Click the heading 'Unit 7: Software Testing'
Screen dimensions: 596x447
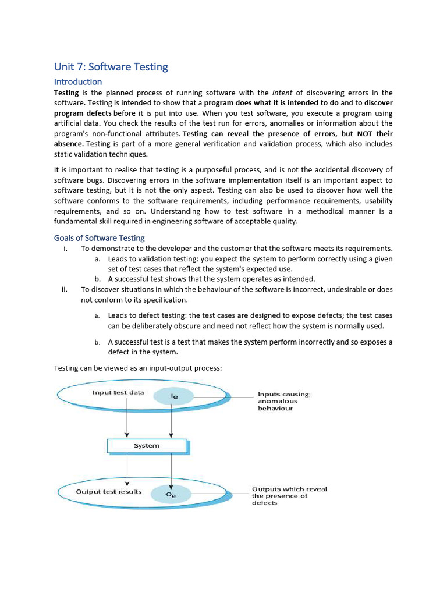coord(111,67)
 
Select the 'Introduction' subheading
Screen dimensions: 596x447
coord(78,81)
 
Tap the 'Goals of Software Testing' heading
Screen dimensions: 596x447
coord(100,237)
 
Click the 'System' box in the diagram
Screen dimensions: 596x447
coord(147,446)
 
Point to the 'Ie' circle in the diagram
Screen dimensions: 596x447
coord(173,396)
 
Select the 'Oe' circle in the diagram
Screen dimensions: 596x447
coord(171,495)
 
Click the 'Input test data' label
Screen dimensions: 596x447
coord(118,392)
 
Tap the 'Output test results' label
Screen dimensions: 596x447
coord(109,492)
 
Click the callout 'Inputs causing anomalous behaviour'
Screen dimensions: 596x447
coord(283,401)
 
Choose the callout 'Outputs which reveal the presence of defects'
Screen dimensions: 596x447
coord(289,496)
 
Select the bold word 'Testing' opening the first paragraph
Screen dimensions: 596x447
coord(67,93)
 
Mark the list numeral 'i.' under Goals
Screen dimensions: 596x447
coord(66,249)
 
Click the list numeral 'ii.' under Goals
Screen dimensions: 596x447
coord(65,290)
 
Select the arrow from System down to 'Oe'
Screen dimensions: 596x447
coord(171,469)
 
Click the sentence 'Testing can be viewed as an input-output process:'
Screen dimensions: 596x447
coord(139,368)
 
